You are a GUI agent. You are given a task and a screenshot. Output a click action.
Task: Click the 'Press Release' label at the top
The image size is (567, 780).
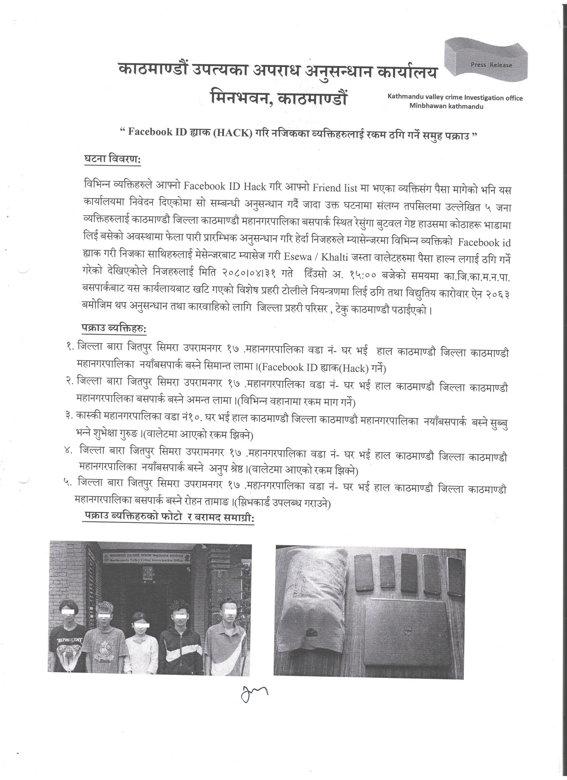[x=491, y=65]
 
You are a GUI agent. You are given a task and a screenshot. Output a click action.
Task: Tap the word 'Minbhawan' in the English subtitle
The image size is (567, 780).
[x=427, y=107]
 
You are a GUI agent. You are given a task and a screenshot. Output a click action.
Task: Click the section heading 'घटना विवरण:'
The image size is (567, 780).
[x=112, y=160]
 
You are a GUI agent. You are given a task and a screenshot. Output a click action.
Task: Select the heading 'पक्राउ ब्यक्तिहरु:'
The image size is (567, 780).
[x=114, y=328]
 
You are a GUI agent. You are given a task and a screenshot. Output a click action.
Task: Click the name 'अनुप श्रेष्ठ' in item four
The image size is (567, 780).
[x=228, y=471]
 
